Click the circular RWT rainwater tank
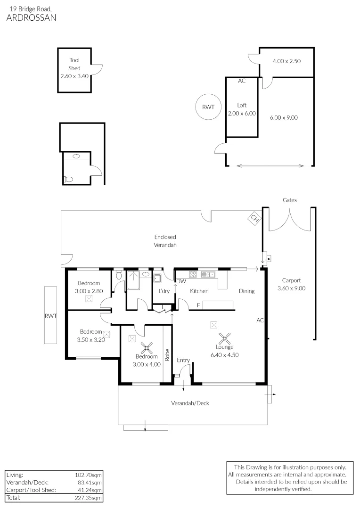[208, 107]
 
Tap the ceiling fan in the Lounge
[224, 338]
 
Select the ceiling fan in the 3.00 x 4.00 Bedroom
[148, 348]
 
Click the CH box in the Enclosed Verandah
[254, 218]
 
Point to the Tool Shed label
[74, 64]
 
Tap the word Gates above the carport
[290, 200]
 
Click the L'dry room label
[164, 291]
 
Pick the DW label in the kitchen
[180, 281]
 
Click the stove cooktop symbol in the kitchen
[193, 274]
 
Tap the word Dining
[246, 291]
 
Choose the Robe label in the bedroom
[167, 354]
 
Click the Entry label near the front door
[183, 360]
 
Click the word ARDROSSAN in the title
[31, 18]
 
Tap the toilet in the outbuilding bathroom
[68, 179]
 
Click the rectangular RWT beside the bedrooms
[50, 316]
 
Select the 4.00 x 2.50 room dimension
[286, 61]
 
